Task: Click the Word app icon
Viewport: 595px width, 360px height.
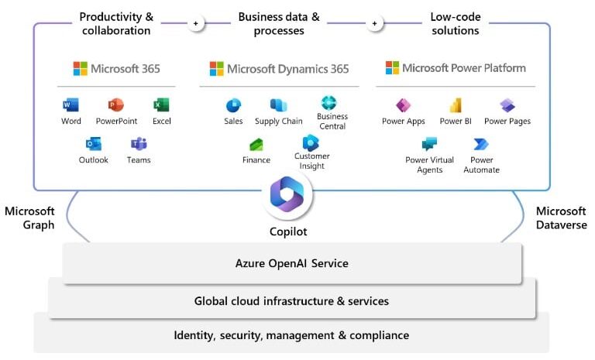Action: (x=71, y=105)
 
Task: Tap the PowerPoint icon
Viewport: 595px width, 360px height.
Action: (x=116, y=105)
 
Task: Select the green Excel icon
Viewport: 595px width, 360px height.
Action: (x=161, y=105)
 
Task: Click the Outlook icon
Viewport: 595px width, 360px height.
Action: (x=94, y=144)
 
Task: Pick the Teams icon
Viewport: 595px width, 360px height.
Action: (x=139, y=144)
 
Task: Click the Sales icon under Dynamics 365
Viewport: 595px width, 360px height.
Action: (x=233, y=105)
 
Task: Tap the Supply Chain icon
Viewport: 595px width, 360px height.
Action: (x=278, y=105)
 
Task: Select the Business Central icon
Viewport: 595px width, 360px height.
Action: (x=329, y=103)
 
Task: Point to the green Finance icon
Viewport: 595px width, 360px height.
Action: (x=256, y=145)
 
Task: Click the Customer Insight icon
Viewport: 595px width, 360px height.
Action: (x=311, y=142)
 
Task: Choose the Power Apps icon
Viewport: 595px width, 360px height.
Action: (x=404, y=105)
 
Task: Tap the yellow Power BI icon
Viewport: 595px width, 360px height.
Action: (x=456, y=105)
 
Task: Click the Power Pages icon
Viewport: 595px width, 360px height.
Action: (x=507, y=105)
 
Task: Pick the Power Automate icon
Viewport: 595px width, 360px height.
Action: (x=481, y=144)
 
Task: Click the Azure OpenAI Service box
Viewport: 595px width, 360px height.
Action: (x=291, y=263)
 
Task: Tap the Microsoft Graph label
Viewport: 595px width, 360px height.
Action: (x=29, y=218)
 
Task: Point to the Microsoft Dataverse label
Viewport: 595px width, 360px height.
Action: (x=561, y=218)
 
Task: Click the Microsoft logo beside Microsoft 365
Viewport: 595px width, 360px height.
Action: (x=80, y=69)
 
